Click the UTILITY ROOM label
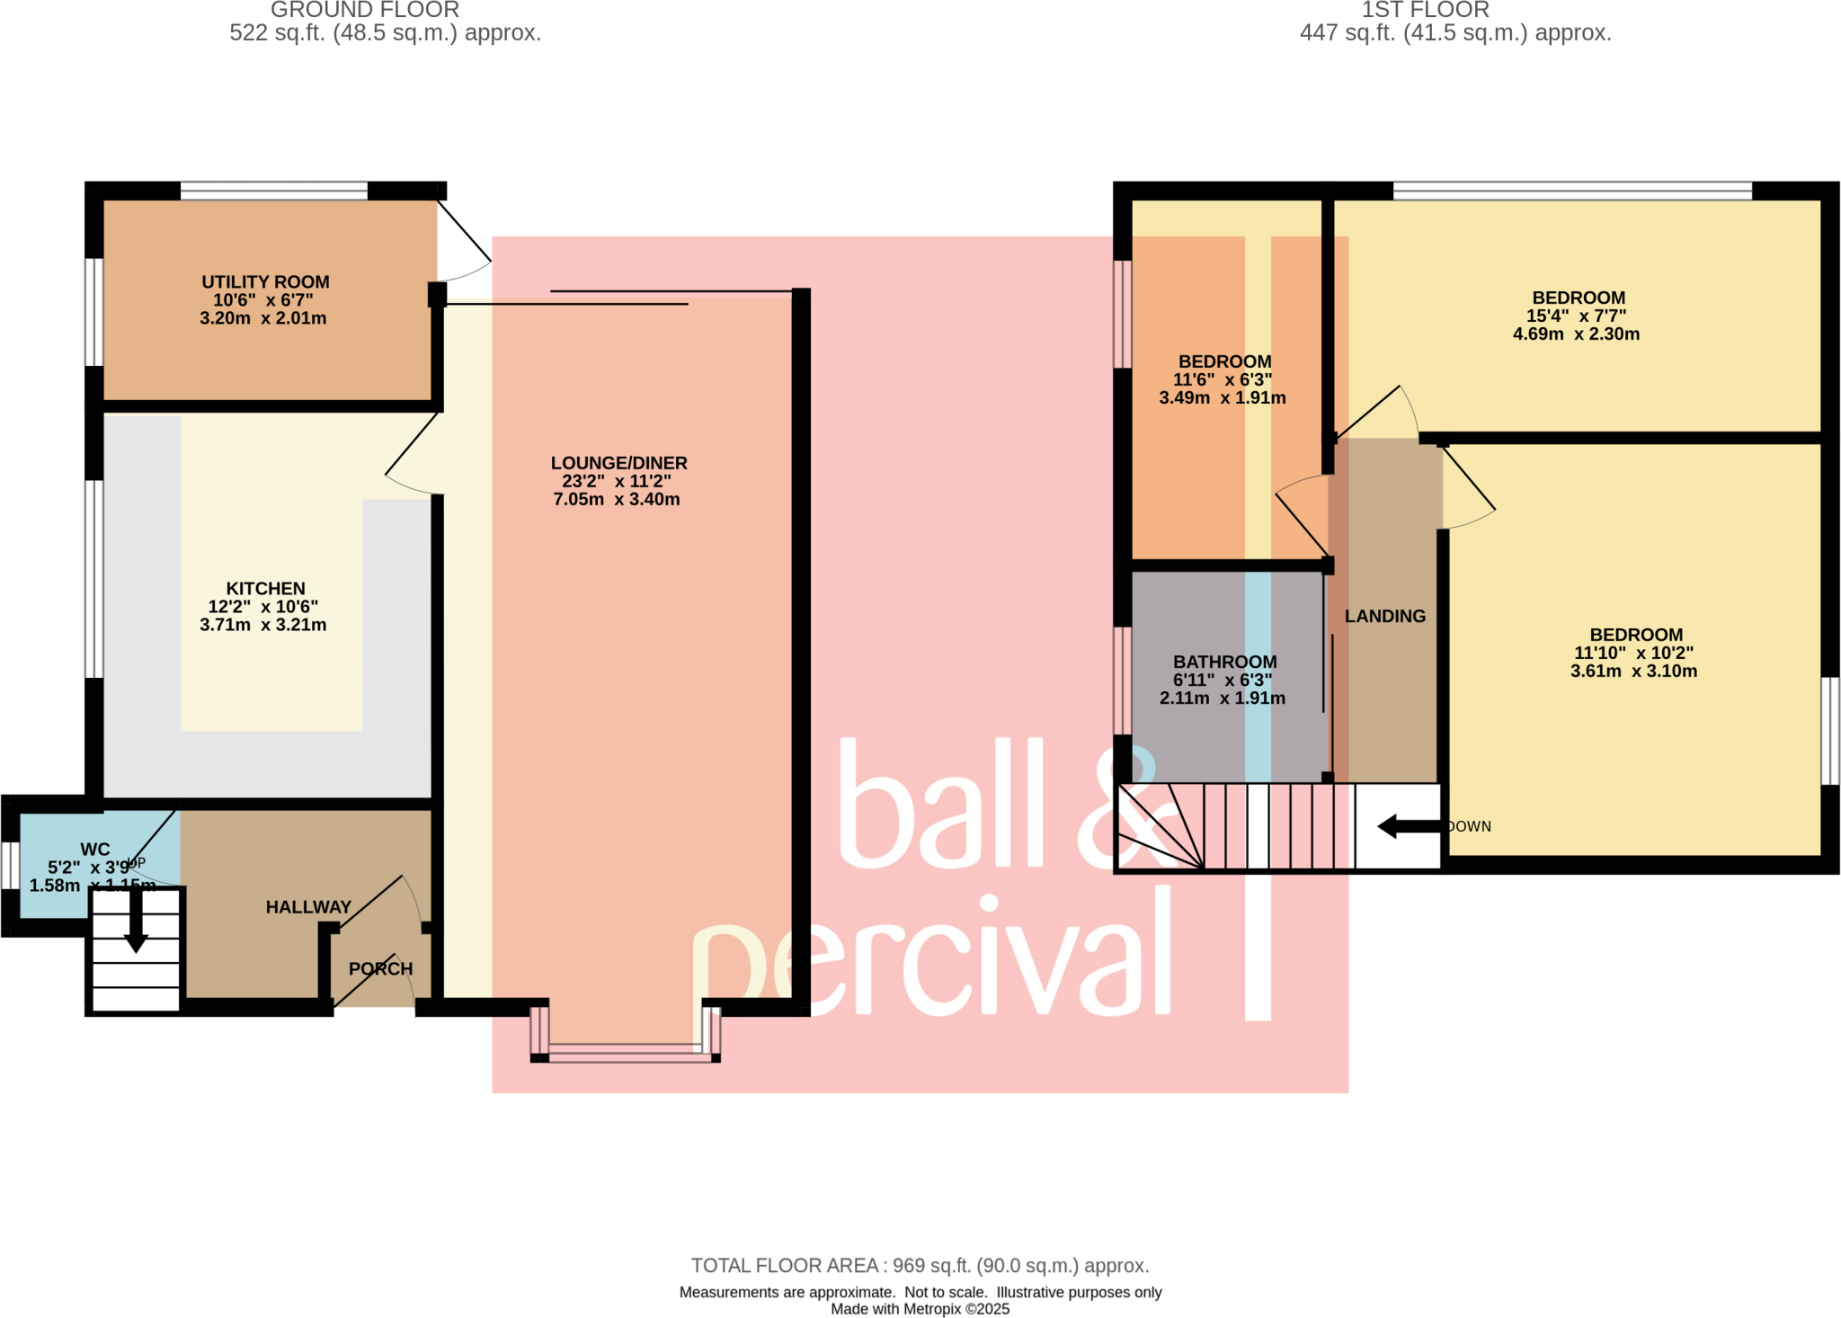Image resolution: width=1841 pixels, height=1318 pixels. point(265,282)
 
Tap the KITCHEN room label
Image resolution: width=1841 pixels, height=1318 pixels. point(265,589)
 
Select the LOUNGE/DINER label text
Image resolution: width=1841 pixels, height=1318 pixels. point(618,463)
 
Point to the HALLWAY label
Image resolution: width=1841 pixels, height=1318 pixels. point(308,907)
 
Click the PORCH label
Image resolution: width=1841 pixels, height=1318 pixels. point(380,969)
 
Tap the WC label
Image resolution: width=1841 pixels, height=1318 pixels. point(95,850)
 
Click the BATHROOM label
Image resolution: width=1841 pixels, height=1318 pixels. point(1224,662)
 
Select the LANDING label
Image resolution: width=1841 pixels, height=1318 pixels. point(1384,616)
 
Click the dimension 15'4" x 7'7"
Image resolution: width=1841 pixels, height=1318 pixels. point(1576,316)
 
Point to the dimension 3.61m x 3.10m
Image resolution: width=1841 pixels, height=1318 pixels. point(1633,671)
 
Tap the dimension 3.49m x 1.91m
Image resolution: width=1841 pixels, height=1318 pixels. point(1222,397)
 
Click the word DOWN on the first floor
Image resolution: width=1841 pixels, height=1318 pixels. point(1469,826)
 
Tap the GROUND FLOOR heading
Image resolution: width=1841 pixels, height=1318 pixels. point(365,10)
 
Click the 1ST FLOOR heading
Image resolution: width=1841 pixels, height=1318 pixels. point(1425,10)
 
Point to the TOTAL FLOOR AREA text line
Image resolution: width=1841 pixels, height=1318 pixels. point(920,1266)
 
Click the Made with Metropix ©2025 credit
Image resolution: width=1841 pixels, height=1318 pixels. point(920,1309)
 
